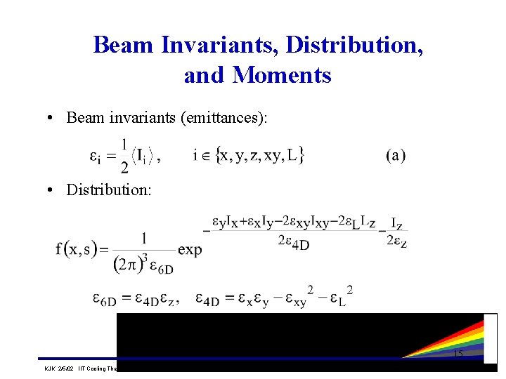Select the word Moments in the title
[x=282, y=74]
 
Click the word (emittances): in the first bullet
[x=224, y=117]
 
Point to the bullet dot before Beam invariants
[x=54, y=118]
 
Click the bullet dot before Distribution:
[x=54, y=190]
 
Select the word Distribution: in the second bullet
[x=108, y=189]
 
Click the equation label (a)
[x=395, y=155]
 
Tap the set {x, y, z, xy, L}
[x=259, y=155]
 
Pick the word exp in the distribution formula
[x=190, y=250]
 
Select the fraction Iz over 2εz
[x=396, y=232]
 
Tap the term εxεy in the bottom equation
[x=252, y=298]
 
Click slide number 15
[x=458, y=354]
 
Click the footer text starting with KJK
[x=77, y=367]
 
